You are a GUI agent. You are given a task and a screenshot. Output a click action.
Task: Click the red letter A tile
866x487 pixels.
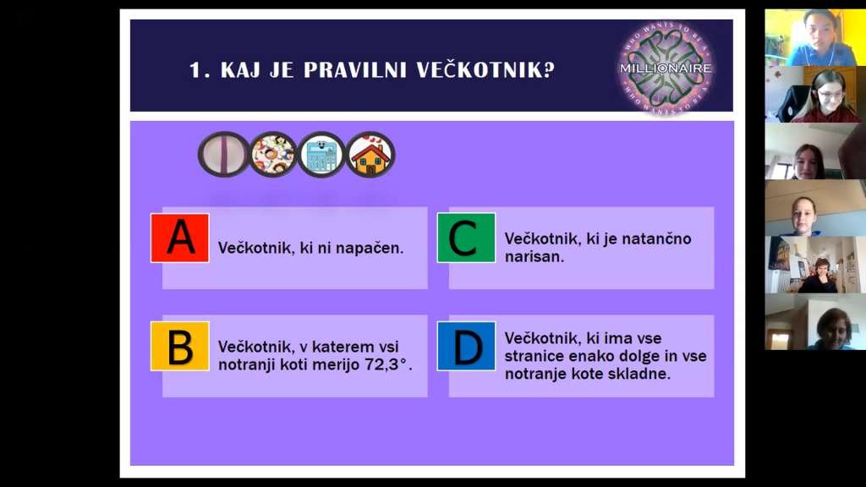point(180,238)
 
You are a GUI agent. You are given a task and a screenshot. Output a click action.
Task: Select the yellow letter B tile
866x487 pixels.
point(180,346)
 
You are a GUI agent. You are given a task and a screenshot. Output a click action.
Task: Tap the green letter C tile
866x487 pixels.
point(466,238)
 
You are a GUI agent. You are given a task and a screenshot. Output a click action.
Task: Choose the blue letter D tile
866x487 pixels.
point(466,346)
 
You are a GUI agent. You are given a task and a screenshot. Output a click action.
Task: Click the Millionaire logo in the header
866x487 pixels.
point(666,68)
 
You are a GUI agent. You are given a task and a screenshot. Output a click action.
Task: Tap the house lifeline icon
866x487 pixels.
point(370,155)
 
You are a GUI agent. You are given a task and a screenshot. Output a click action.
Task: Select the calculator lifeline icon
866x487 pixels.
point(321,155)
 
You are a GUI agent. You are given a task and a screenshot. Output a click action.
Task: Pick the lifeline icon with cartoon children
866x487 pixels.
point(273,155)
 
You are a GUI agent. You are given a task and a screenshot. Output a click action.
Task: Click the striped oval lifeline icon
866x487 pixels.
point(223,155)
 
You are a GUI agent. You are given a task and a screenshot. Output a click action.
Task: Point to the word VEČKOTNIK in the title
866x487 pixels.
point(485,70)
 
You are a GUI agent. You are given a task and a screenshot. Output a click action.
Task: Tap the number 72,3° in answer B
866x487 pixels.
point(387,365)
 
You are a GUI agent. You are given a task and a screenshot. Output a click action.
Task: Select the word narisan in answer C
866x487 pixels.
point(534,257)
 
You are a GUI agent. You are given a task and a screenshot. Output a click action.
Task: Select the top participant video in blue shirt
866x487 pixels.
point(815,37)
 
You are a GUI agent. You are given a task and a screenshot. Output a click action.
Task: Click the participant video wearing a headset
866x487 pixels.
point(815,95)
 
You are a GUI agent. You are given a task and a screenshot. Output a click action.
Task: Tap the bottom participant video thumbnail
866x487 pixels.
point(815,322)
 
